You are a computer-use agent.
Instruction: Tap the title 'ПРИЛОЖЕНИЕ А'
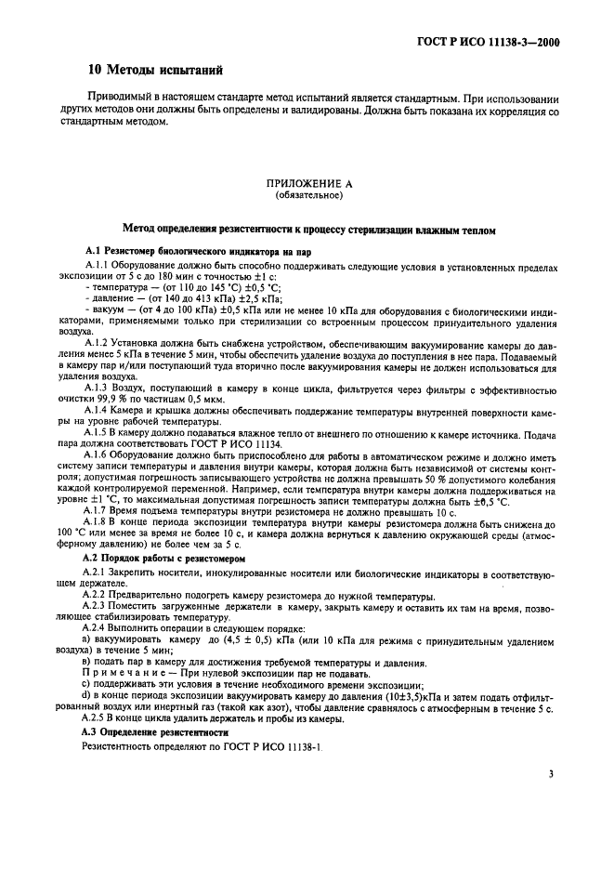309,184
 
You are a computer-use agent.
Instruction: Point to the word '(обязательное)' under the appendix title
309,196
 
